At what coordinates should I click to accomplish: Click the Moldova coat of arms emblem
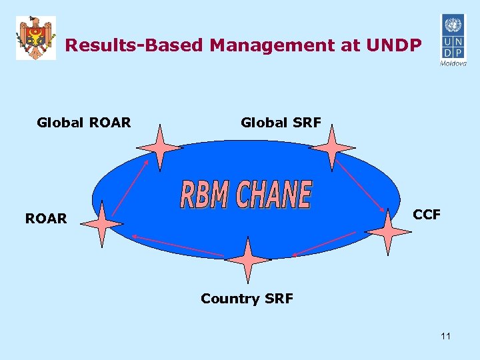36,38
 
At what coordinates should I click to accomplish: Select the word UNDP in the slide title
393,45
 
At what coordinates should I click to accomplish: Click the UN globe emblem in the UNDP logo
452,27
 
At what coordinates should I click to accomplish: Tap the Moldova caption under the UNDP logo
453,64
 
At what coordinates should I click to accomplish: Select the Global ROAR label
84,122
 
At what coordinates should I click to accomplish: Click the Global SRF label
281,122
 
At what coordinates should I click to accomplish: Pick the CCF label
427,214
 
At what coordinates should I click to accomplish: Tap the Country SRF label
247,298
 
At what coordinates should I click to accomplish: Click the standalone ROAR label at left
46,218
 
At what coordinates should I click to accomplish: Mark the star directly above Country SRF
247,260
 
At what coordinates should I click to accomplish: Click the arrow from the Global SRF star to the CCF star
360,184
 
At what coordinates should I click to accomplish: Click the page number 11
445,336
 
